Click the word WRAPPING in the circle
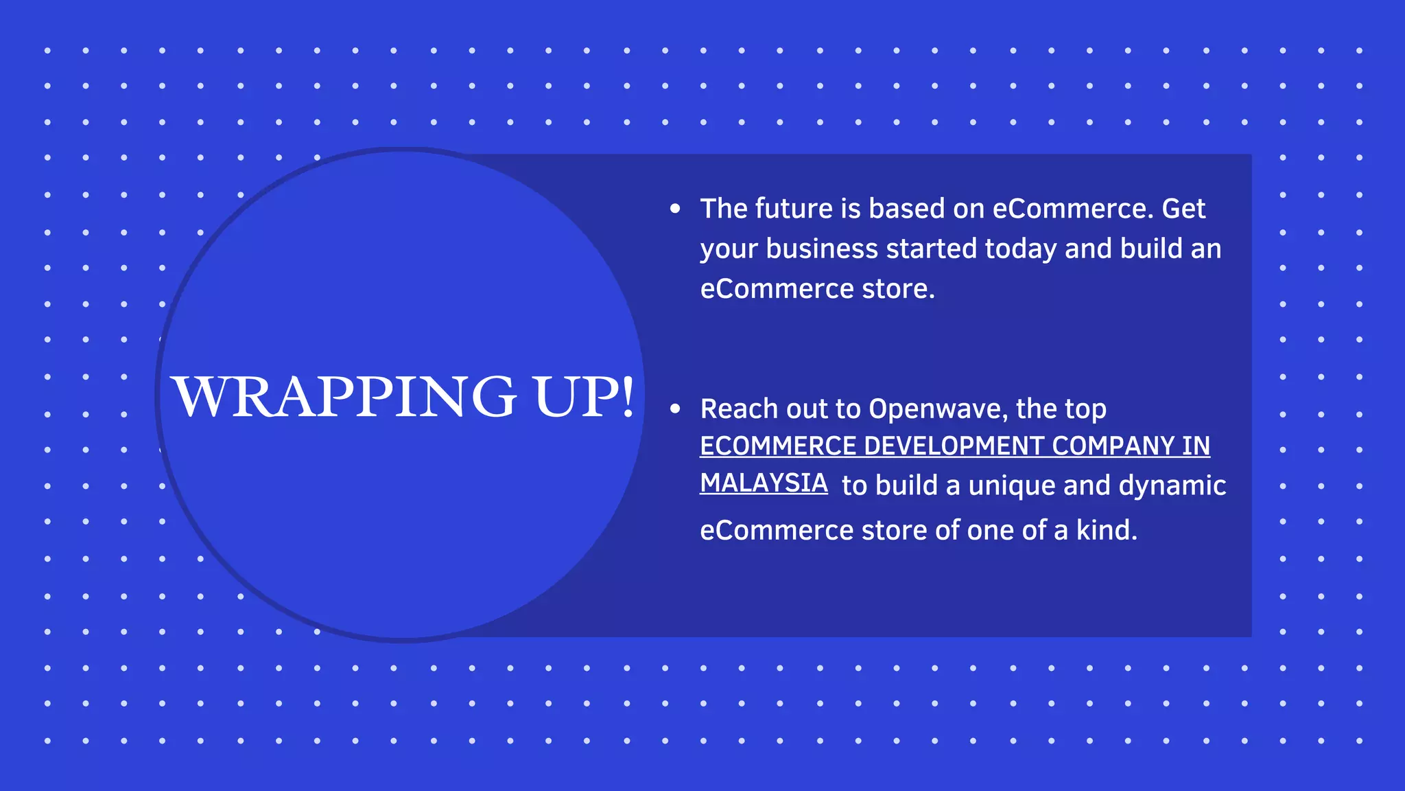(x=343, y=397)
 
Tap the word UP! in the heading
(x=585, y=397)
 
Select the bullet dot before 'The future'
(x=675, y=209)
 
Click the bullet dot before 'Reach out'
(x=675, y=409)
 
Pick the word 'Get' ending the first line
(x=1183, y=209)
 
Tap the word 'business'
(x=822, y=249)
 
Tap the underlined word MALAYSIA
(x=764, y=483)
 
